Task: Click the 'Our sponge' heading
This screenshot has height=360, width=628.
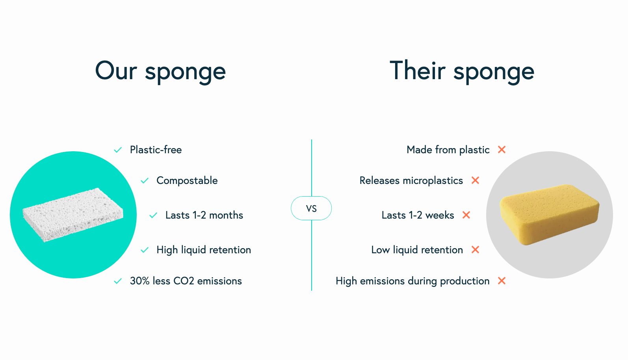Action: (x=160, y=71)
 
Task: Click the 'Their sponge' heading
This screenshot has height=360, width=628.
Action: (x=462, y=71)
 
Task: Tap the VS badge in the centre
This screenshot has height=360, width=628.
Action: (x=311, y=208)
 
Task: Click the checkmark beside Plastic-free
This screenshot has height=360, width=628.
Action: (x=118, y=150)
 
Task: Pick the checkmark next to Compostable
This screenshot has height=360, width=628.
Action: (x=145, y=181)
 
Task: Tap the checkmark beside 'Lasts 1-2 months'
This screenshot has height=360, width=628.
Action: (x=153, y=215)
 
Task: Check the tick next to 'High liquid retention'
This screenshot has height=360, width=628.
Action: (x=145, y=250)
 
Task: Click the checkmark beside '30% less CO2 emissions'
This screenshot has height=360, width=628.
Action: (x=118, y=281)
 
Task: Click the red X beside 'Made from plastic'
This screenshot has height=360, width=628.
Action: (x=502, y=150)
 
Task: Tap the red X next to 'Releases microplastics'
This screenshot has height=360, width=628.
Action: (x=476, y=180)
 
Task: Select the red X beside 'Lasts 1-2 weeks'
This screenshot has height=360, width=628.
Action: (x=466, y=215)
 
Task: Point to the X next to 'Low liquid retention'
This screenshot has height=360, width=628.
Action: (x=476, y=250)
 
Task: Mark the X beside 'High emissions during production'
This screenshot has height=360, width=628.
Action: (x=502, y=281)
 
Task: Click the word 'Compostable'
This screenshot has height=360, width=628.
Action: (x=187, y=180)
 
